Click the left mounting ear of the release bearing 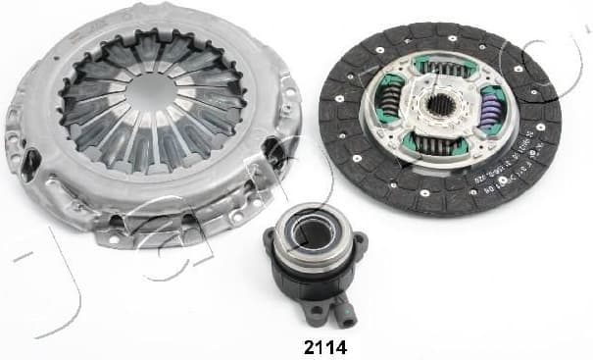tap(271, 242)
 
